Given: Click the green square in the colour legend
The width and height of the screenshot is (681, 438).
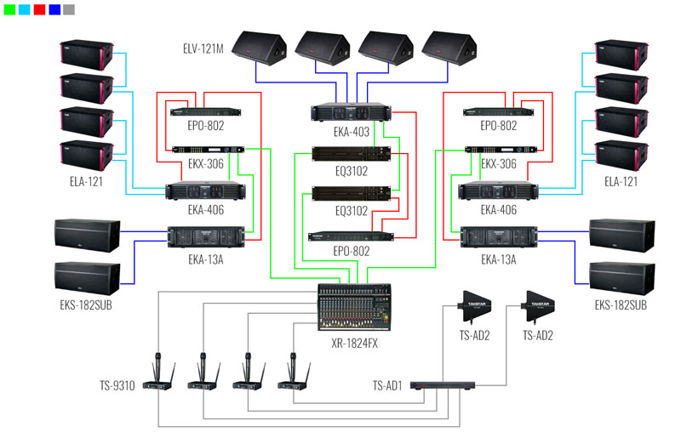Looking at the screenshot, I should point(10,10).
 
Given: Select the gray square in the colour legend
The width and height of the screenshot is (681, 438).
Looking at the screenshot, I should point(68,10).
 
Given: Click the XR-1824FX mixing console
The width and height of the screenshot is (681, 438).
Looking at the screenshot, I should point(353,301).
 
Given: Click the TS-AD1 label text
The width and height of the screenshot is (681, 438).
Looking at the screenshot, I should point(388,385).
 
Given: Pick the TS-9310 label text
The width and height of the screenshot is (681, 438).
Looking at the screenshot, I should point(116,385).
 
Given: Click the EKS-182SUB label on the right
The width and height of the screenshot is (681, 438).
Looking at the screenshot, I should point(621,304).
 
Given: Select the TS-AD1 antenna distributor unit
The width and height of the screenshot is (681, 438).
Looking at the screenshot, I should point(443,386).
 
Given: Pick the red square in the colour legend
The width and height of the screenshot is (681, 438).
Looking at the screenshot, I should point(39,10).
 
